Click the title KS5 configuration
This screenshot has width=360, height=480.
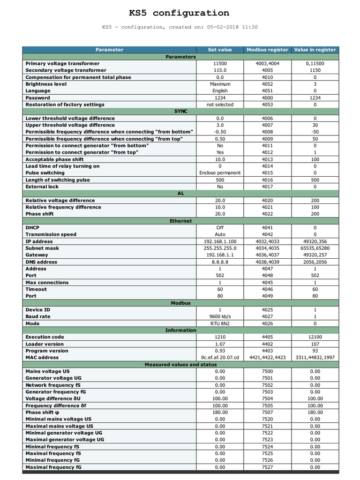pos(180,13)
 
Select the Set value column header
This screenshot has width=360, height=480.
pos(220,50)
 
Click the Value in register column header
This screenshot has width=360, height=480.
pos(315,50)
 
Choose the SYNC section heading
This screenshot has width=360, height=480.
pos(180,112)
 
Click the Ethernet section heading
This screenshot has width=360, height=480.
pos(180,221)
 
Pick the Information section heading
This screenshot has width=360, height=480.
pos(180,330)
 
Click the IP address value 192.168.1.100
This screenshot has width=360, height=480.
pos(220,241)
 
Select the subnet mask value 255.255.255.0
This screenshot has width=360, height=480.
pos(220,248)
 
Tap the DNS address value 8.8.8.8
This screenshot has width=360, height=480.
pos(220,262)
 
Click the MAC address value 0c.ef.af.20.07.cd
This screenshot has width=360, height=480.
pos(220,358)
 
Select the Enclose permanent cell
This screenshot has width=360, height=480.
pos(220,173)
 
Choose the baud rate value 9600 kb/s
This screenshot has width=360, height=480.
pos(220,316)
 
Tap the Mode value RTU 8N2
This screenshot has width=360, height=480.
pos(220,323)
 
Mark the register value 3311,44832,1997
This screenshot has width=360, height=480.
pos(315,358)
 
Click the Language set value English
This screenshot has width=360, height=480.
pos(220,91)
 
